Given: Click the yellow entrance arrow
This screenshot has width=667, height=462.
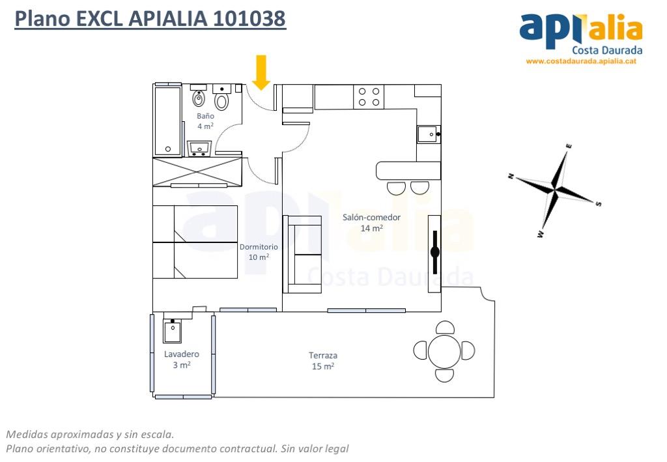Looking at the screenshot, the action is point(261,72).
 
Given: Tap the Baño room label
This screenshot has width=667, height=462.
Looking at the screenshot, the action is point(205,116).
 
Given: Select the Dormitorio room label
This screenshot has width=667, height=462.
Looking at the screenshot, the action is point(259,247).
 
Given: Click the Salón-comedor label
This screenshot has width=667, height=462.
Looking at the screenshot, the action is point(371,218).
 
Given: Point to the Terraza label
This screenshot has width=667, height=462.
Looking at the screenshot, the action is point(323,355).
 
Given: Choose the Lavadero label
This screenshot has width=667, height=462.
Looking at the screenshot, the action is point(182,354).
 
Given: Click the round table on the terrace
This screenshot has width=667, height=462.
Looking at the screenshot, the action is point(444,351).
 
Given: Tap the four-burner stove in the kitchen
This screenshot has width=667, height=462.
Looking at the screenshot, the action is point(369,96).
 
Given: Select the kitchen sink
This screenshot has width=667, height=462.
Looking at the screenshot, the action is point(429,134).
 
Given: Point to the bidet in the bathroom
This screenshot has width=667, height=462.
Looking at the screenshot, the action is point(199,97).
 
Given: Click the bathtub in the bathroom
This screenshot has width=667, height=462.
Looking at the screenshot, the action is point(167,121).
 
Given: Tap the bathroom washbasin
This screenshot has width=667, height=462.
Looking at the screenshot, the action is point(199,149).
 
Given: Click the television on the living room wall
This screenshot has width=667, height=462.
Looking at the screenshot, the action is point(434,252).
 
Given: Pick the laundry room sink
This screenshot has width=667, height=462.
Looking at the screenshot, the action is point(172,331).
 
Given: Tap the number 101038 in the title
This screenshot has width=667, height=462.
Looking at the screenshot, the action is point(249,18).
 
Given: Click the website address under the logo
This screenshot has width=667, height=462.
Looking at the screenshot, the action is point(581,61).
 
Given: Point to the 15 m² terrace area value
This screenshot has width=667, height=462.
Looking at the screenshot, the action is point(323,366).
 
